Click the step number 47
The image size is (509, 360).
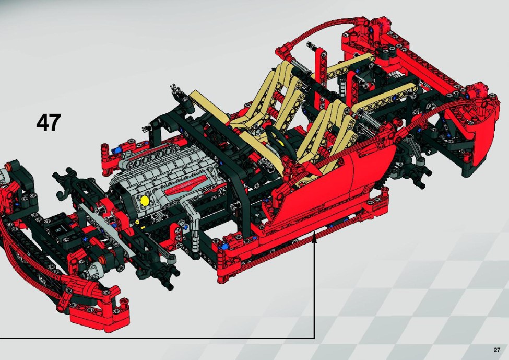click(49, 122)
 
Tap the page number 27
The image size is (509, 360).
click(497, 350)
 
